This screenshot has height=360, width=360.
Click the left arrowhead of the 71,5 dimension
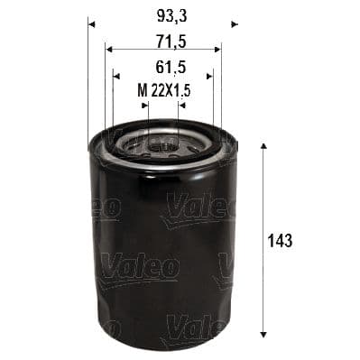(108, 51)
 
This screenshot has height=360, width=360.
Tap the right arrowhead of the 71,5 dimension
(217, 51)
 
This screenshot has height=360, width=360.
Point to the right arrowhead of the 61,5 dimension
(210, 77)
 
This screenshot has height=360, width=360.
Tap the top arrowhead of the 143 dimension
(262, 146)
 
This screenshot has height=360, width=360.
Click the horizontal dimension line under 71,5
(162, 51)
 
